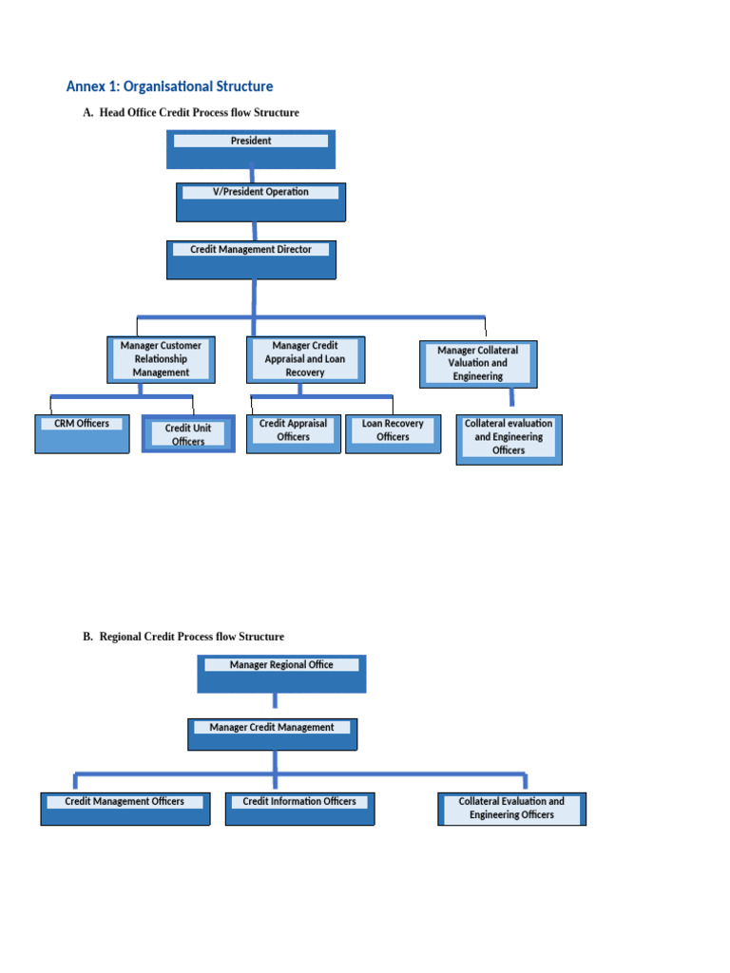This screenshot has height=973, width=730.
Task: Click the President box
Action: pyautogui.click(x=251, y=149)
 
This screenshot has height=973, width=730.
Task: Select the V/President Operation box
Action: pyautogui.click(x=260, y=201)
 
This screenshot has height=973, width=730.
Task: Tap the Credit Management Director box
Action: pyautogui.click(x=251, y=259)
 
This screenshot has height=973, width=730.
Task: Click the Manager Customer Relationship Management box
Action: pyautogui.click(x=160, y=359)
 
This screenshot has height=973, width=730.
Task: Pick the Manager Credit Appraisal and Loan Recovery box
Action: pyautogui.click(x=304, y=359)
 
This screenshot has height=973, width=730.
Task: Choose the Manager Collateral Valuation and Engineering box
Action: pyautogui.click(x=478, y=364)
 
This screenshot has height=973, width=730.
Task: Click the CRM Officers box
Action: pyautogui.click(x=82, y=433)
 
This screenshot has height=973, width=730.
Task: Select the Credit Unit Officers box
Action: pyautogui.click(x=188, y=434)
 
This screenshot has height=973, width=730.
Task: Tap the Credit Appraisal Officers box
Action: pyautogui.click(x=293, y=433)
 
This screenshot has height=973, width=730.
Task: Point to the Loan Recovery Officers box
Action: pyautogui.click(x=393, y=433)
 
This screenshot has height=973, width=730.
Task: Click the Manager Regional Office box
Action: pyautogui.click(x=281, y=674)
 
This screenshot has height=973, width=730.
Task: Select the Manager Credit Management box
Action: pyautogui.click(x=272, y=735)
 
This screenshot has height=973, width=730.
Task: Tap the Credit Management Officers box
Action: pyautogui.click(x=125, y=809)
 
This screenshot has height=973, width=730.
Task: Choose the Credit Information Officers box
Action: pyautogui.click(x=299, y=809)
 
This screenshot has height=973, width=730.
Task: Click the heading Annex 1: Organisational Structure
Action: pyautogui.click(x=169, y=86)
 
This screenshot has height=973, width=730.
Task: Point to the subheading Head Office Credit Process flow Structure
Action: pyautogui.click(x=199, y=113)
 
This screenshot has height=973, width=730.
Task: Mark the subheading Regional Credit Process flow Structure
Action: pyautogui.click(x=191, y=637)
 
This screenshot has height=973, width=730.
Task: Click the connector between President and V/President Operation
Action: pyautogui.click(x=252, y=176)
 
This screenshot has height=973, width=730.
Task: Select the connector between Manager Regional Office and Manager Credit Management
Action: pyautogui.click(x=275, y=701)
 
